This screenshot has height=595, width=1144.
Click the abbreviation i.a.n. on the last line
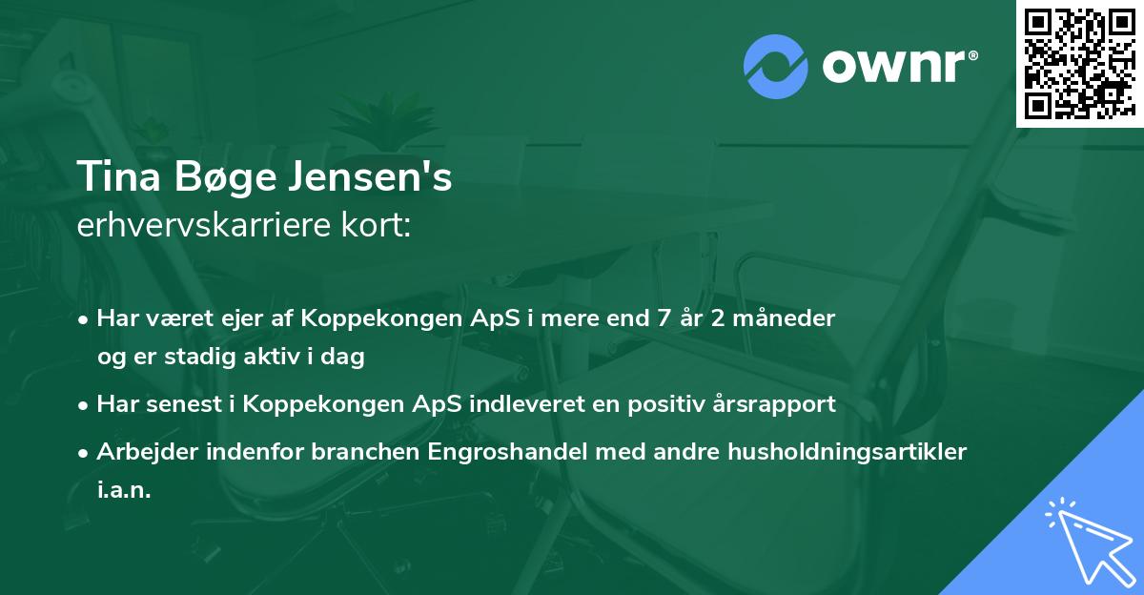[x=124, y=490]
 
